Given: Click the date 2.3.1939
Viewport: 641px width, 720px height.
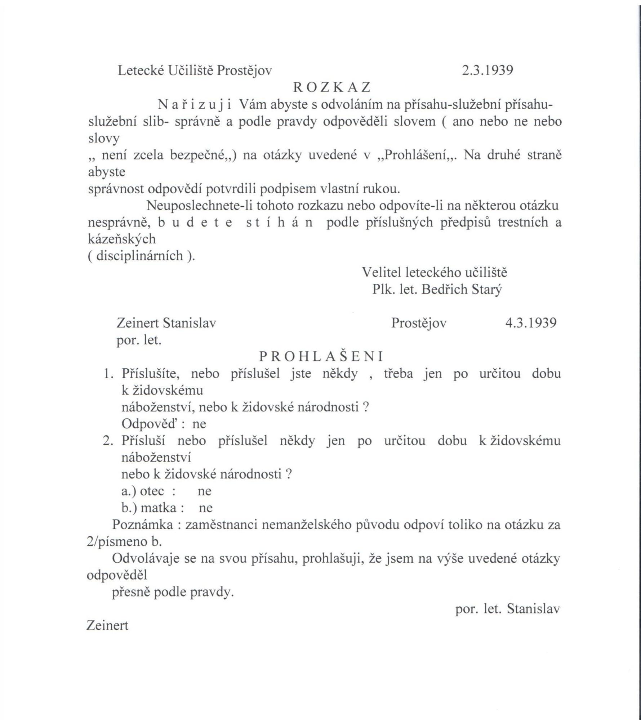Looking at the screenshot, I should [x=488, y=71].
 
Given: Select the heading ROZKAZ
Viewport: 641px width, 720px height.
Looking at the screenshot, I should [x=332, y=87].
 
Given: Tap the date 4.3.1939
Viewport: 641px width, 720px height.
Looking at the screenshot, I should [x=531, y=323].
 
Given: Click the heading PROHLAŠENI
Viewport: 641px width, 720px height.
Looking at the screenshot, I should [x=321, y=356].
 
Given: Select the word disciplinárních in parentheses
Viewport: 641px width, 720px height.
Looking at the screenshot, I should [x=141, y=256].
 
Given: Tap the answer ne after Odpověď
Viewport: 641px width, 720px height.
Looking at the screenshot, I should [x=199, y=424].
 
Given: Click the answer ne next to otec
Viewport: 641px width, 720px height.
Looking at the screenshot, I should [x=204, y=491].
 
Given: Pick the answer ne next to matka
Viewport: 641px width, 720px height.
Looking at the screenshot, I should [x=205, y=508].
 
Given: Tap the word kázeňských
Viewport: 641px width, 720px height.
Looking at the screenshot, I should [x=122, y=239].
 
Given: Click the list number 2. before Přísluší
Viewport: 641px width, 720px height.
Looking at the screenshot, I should [x=108, y=441].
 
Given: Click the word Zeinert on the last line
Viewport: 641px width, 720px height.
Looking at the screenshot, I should [x=107, y=626].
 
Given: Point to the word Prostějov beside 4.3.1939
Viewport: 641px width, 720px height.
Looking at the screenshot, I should [x=419, y=323].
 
